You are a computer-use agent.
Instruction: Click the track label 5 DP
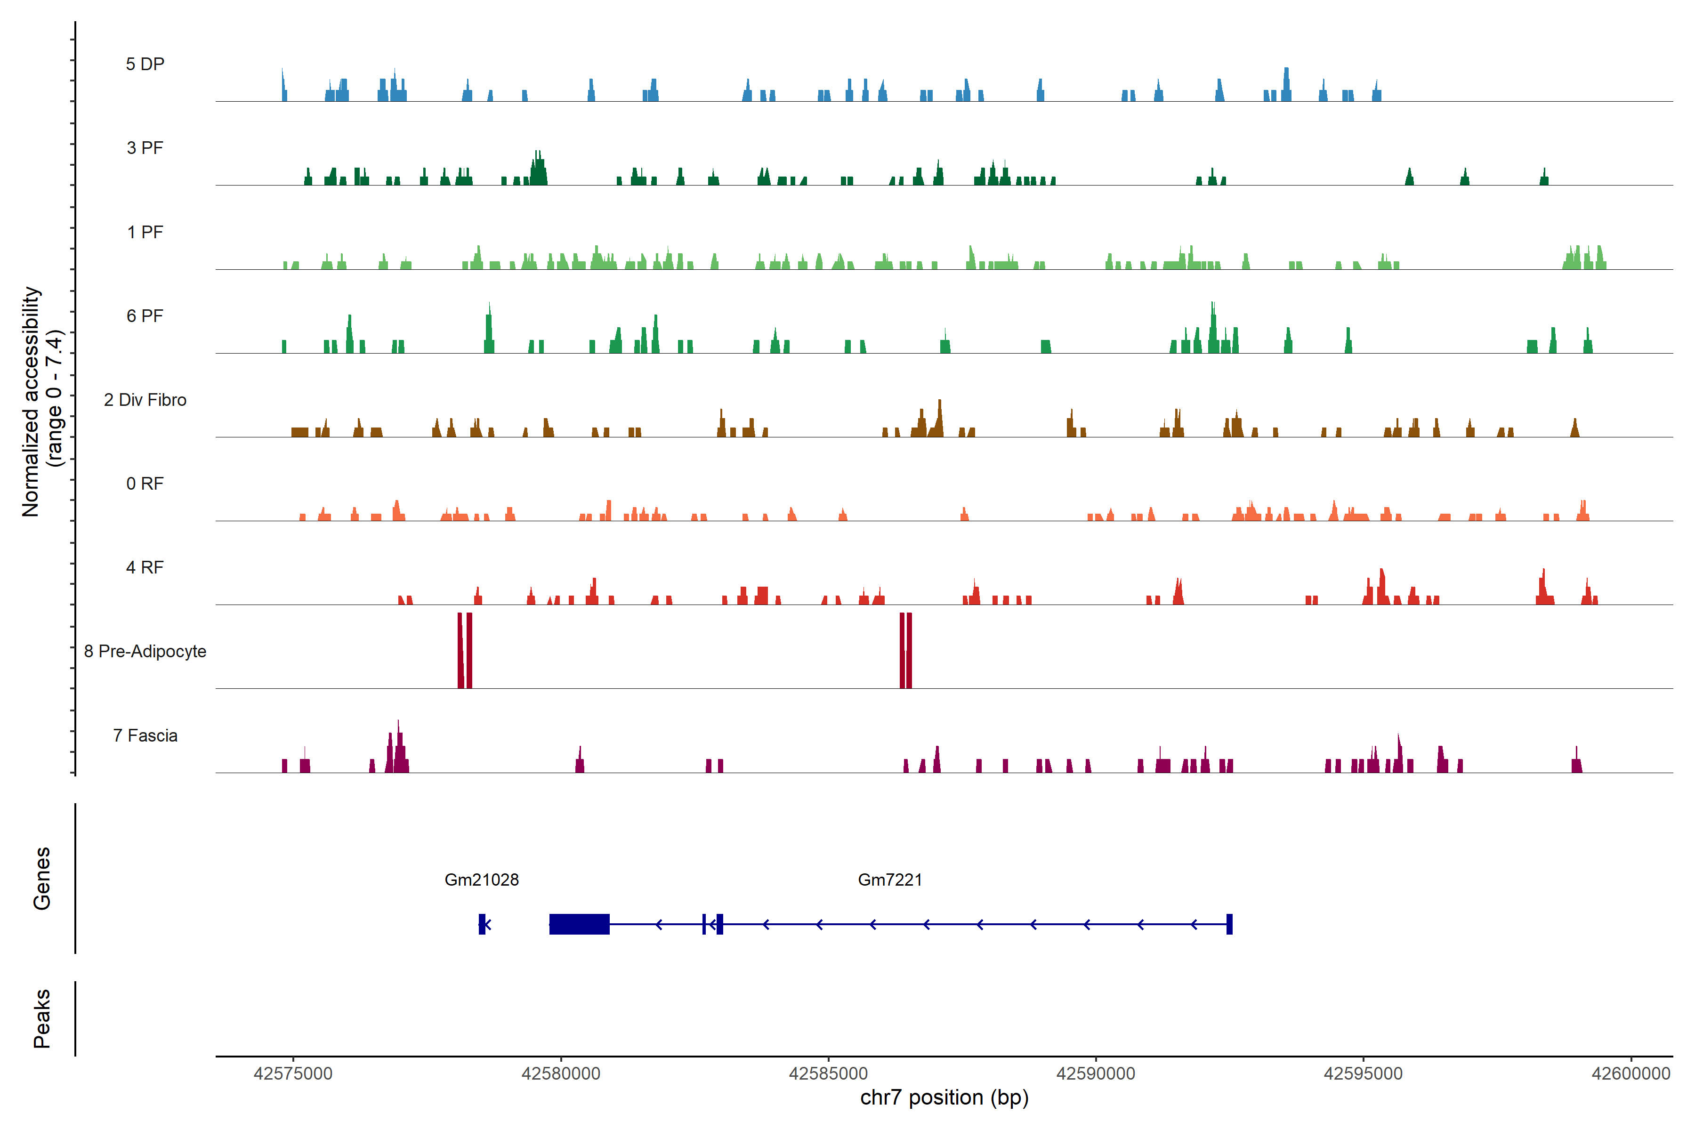(x=145, y=64)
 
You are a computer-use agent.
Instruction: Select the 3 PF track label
(x=145, y=148)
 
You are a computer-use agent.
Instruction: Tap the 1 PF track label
(x=145, y=232)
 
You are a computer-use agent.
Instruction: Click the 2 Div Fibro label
(x=145, y=400)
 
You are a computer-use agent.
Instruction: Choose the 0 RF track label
(x=145, y=484)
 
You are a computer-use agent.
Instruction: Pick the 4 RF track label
(x=145, y=567)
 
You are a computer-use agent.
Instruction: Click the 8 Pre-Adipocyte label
(x=145, y=652)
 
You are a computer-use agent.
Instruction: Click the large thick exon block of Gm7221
(x=580, y=924)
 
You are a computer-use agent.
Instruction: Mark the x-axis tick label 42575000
(x=293, y=1074)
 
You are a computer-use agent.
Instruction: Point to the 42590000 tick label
(x=1096, y=1074)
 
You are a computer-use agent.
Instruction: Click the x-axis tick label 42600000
(x=1631, y=1074)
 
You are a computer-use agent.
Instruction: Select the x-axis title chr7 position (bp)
(x=944, y=1098)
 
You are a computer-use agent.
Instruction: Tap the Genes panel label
(x=42, y=879)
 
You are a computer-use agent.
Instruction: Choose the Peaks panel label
(x=42, y=1018)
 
